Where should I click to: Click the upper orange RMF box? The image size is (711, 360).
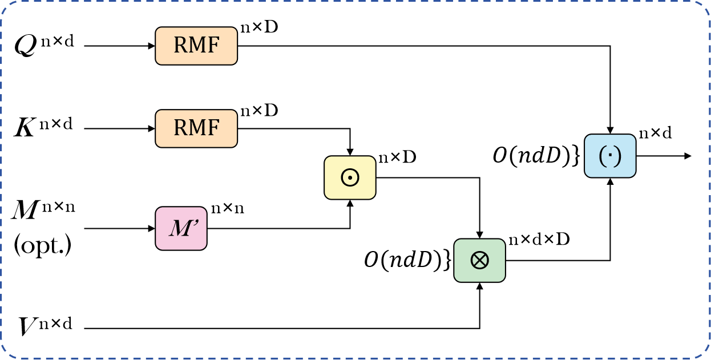(x=196, y=46)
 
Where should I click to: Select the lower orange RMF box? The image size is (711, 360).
(x=196, y=128)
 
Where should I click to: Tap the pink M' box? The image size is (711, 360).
(x=181, y=228)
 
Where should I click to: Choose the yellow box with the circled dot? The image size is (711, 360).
(x=350, y=177)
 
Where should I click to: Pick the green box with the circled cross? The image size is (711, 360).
(x=479, y=260)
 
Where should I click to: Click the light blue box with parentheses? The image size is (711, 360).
(x=610, y=156)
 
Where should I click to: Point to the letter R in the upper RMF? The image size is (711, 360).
(x=180, y=46)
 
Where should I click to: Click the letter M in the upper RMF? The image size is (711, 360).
(x=196, y=46)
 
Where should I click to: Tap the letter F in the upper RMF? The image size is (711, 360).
(x=213, y=46)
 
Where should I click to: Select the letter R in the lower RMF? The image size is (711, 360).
(x=180, y=128)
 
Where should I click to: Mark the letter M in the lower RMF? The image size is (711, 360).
(x=196, y=128)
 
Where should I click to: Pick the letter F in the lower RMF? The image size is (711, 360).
(x=213, y=128)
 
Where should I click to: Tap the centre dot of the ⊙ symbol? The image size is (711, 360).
(x=350, y=178)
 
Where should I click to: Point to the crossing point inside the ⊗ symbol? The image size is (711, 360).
(x=479, y=261)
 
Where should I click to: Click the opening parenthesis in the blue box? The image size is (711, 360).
(x=602, y=156)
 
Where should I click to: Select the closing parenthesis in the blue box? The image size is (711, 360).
(x=618, y=156)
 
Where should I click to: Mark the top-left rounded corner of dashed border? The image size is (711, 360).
(x=6, y=6)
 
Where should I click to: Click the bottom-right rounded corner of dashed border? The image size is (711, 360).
(x=705, y=354)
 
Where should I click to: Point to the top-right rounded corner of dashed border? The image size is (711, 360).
(x=705, y=6)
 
